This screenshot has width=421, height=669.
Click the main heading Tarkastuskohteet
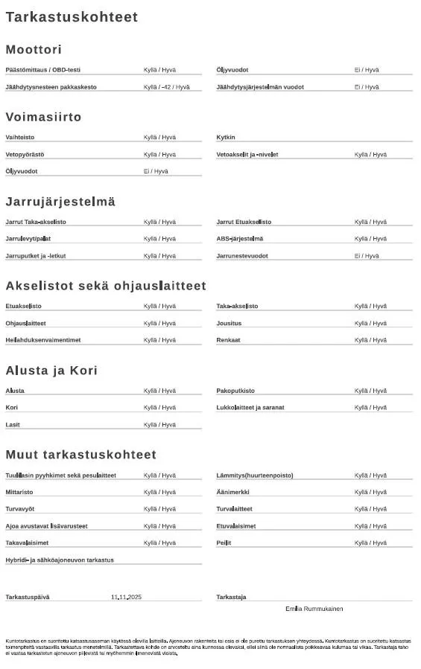72,17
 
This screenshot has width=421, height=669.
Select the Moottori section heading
34,50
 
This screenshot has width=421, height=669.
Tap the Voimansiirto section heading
43,118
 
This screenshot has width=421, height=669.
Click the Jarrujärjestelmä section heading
60,202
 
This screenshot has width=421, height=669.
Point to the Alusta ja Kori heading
51,371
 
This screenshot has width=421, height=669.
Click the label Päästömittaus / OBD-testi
42,70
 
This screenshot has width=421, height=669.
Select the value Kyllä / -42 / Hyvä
166,87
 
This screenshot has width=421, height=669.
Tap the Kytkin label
226,138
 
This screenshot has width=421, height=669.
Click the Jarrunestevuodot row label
242,256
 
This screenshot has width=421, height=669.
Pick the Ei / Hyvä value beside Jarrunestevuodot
367,256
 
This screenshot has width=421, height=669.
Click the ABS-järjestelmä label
239,239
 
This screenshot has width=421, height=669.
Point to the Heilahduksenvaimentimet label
43,340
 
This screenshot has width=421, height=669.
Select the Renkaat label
228,340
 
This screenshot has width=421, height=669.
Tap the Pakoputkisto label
235,391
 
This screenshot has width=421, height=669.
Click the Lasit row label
13,425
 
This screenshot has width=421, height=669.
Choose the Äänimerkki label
232,493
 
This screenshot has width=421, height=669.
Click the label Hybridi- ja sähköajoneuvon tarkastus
60,560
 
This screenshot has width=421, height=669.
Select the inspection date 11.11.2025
126,598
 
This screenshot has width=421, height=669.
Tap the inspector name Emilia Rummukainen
314,609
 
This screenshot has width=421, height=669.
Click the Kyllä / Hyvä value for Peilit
370,543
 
